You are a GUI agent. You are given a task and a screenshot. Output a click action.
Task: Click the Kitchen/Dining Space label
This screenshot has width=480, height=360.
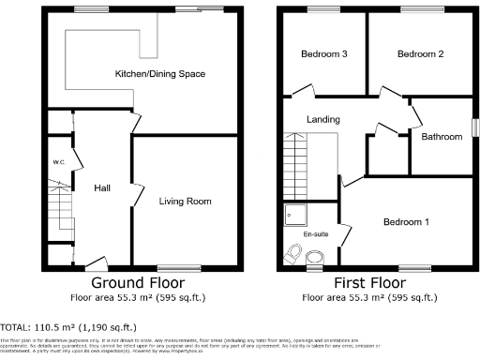pos(159,74)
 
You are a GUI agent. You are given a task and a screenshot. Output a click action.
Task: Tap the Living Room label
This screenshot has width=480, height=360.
pos(185,201)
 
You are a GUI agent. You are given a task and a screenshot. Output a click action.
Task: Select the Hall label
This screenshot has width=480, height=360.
pos(102,188)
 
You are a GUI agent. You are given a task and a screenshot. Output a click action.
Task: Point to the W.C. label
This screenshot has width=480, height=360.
pos(58,162)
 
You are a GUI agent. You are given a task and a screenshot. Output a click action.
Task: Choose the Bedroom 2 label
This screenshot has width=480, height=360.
pos(420,54)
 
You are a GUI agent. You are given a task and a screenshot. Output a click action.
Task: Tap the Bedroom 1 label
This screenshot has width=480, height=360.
pos(407,222)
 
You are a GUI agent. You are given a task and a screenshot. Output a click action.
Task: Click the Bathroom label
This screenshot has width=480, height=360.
pos(441,137)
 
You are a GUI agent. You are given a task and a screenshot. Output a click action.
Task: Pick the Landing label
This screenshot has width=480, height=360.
pos(323,119)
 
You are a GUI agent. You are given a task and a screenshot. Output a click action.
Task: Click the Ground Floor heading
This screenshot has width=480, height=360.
pos(137,282)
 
